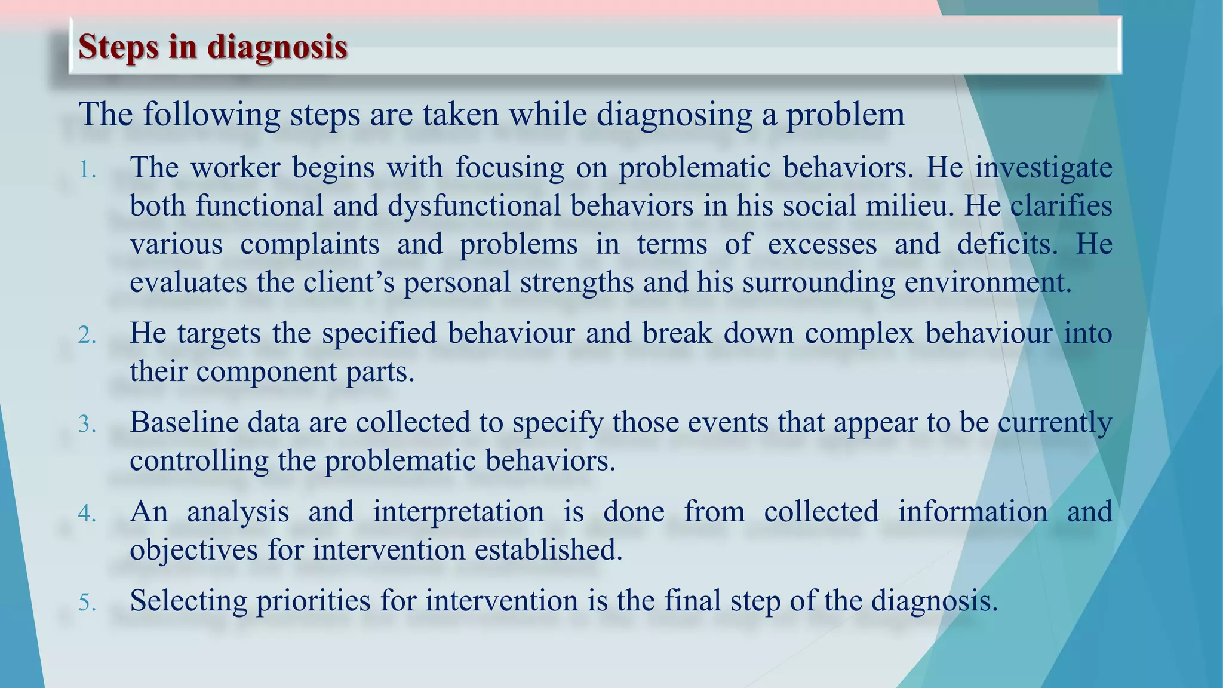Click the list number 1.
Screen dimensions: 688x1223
tap(87, 170)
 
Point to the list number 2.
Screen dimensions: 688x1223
tap(87, 336)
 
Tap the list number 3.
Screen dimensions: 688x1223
tap(87, 425)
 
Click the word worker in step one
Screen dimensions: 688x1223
tap(235, 167)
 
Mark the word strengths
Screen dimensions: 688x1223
tap(576, 282)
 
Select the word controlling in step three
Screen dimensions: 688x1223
tap(199, 460)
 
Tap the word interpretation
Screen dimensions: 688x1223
tap(458, 511)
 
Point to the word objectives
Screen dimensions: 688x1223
tap(193, 549)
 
